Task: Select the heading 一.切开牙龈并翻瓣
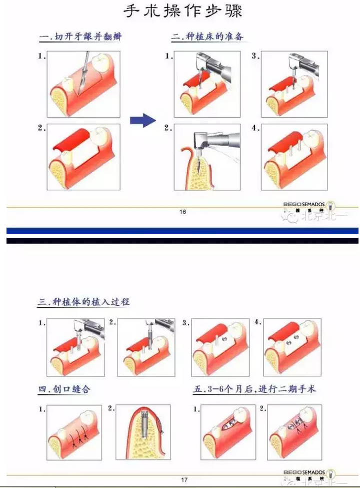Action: pos(80,37)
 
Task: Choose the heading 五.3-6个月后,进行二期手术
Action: pos(254,388)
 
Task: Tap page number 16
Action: pos(182,212)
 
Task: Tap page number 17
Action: pos(184,480)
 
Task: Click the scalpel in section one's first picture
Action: pos(83,70)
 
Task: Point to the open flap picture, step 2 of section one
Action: pos(83,157)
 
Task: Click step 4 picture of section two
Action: pos(294,157)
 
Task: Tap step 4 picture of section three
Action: pos(292,347)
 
